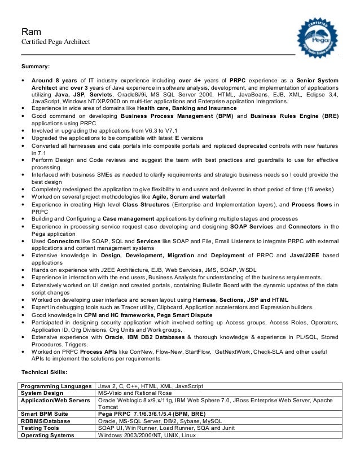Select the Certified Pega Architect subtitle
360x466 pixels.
tap(52, 42)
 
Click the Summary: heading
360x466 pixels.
tap(36, 67)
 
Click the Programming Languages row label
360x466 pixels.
tap(56, 386)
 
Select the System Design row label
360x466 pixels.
tap(42, 393)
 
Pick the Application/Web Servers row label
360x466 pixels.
tap(55, 400)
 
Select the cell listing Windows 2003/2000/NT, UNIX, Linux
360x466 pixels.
tap(147, 436)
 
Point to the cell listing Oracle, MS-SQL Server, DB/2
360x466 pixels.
tap(160, 421)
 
